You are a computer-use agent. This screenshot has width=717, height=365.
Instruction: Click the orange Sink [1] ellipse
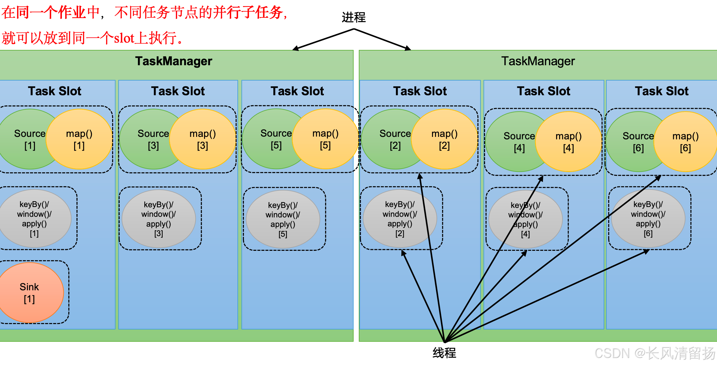[x=29, y=292]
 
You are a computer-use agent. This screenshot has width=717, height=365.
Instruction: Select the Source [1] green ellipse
[x=25, y=139]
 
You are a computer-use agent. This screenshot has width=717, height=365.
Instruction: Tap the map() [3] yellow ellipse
[x=203, y=139]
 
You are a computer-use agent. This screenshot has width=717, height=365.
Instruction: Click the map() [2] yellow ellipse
[x=445, y=139]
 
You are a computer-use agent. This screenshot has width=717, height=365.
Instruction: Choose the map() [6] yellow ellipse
[x=686, y=142]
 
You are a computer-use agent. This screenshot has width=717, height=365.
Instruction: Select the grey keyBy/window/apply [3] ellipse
[x=158, y=219]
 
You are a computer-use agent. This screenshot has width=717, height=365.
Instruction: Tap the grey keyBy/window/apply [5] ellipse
[x=283, y=219]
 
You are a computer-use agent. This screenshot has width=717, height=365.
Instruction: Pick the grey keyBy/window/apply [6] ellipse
[x=648, y=219]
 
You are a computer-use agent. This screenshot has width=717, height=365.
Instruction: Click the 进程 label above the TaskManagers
[x=354, y=17]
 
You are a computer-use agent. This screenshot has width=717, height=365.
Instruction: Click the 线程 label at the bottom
[x=444, y=353]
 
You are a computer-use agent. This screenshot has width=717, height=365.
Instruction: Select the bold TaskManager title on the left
[x=173, y=61]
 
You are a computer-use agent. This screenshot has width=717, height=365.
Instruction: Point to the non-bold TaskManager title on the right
[x=538, y=61]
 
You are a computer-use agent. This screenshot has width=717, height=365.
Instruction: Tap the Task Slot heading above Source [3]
[x=178, y=91]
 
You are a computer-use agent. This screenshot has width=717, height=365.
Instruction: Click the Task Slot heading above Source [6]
[x=662, y=91]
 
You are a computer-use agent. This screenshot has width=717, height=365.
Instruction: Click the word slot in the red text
[x=124, y=39]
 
